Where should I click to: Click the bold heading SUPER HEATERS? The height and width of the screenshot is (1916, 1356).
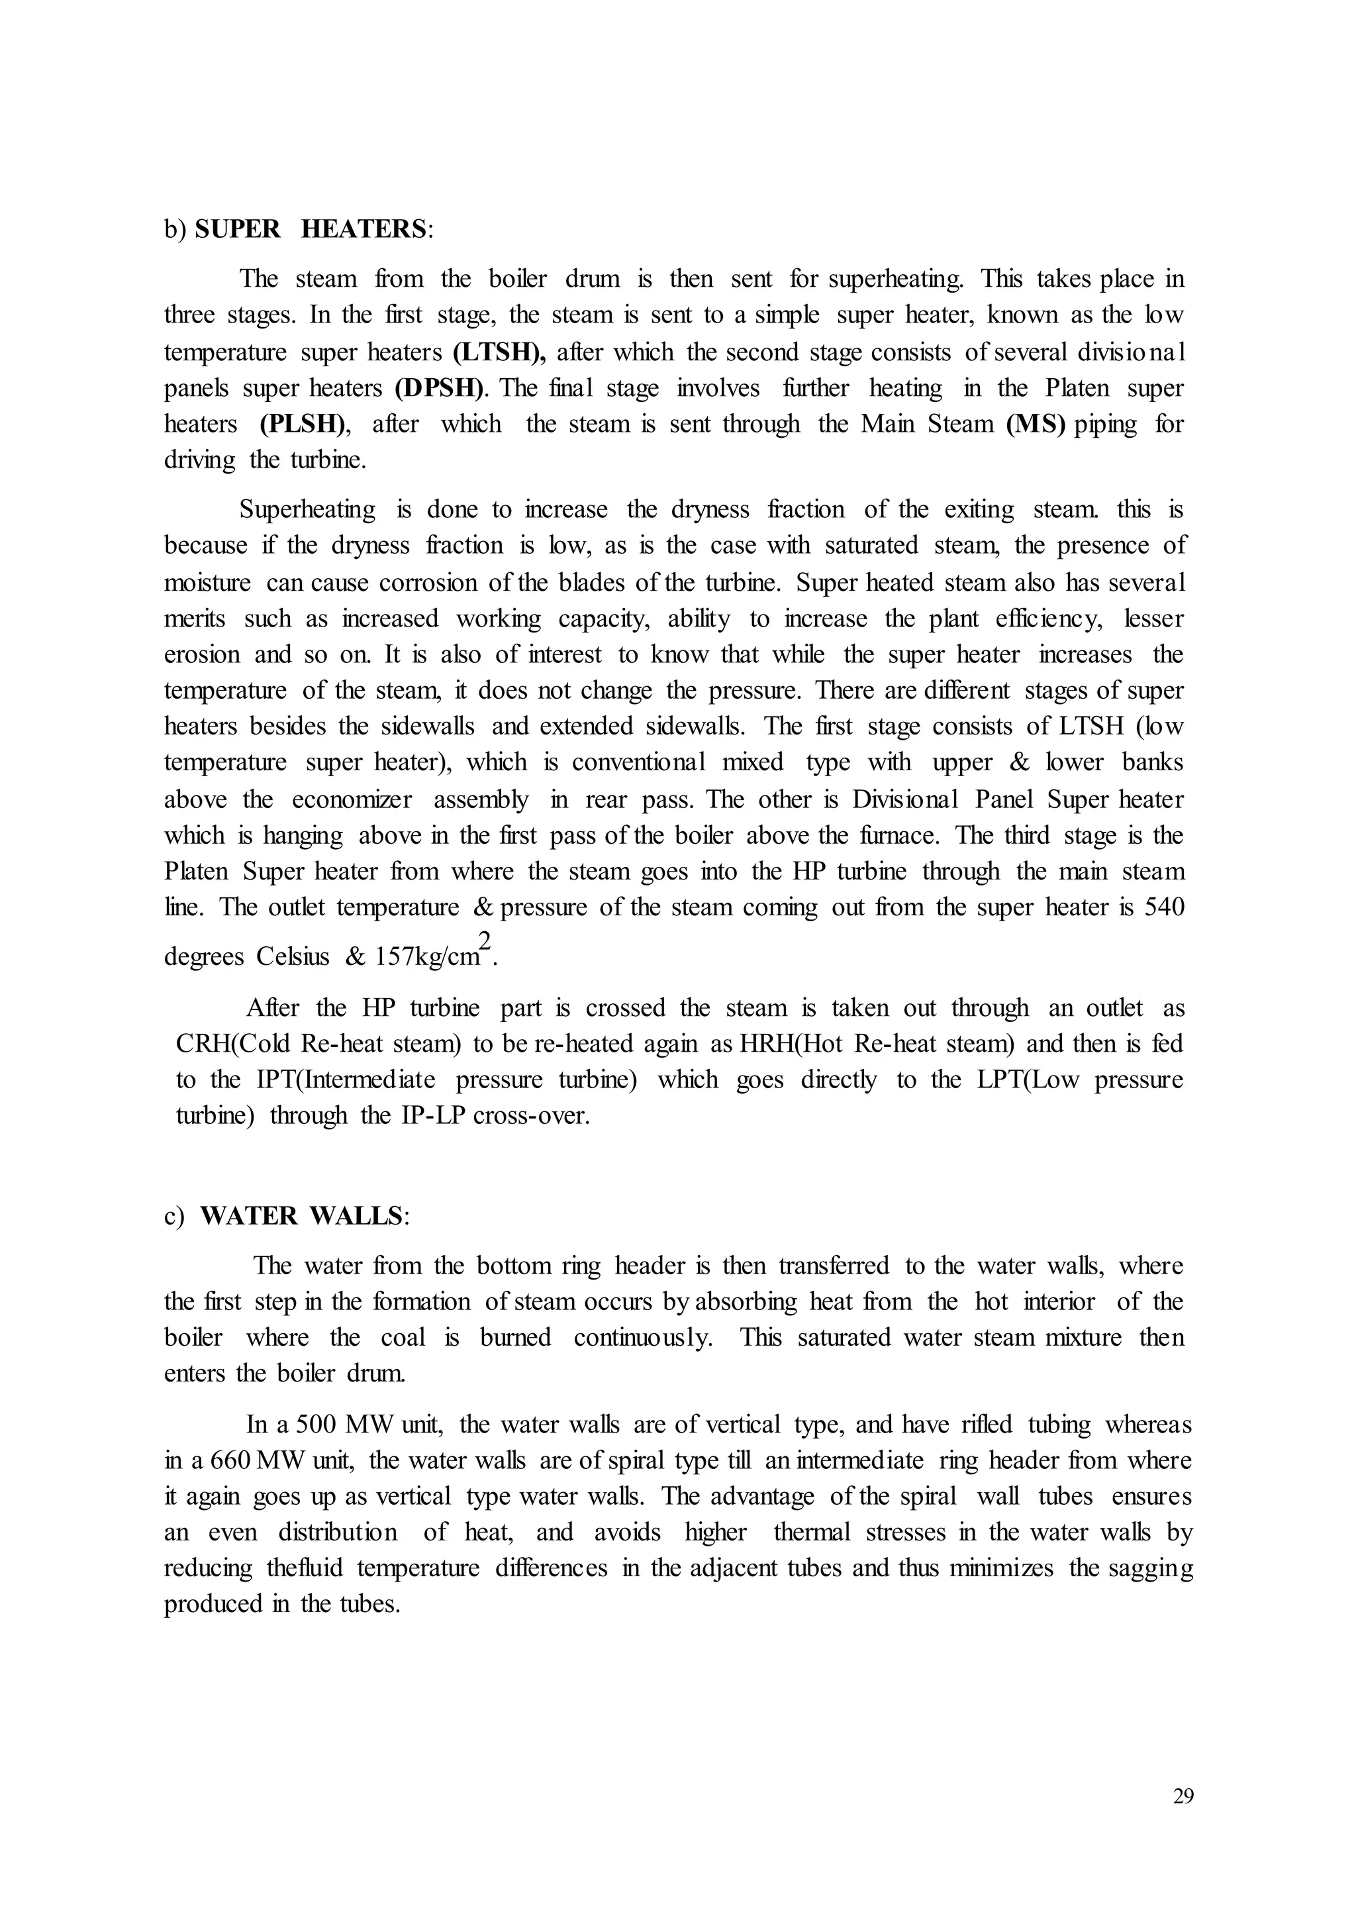(x=311, y=229)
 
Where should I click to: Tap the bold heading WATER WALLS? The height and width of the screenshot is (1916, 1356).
(x=301, y=1216)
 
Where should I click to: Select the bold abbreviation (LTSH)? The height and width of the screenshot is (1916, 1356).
(x=499, y=352)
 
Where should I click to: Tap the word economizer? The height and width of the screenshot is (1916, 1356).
(x=352, y=799)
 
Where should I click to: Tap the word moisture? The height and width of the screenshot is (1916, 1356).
(x=207, y=582)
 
